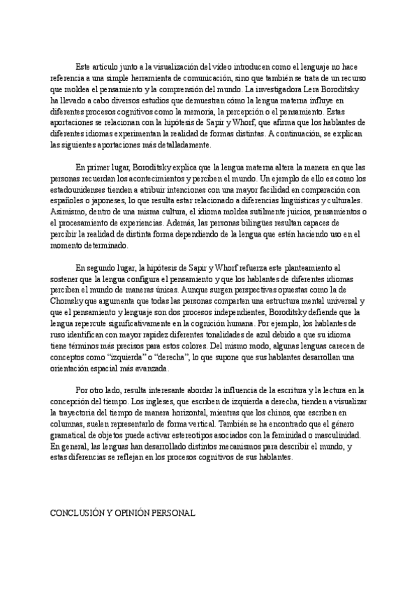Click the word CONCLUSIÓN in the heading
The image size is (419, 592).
click(75, 512)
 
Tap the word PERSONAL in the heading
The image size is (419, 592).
click(172, 512)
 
